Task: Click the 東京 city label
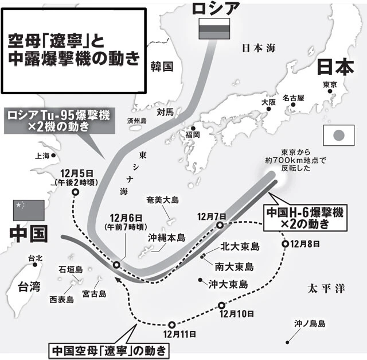tap(330, 84)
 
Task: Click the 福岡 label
tap(192, 134)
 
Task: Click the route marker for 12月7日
tap(220, 226)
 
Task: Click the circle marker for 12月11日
tap(171, 324)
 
